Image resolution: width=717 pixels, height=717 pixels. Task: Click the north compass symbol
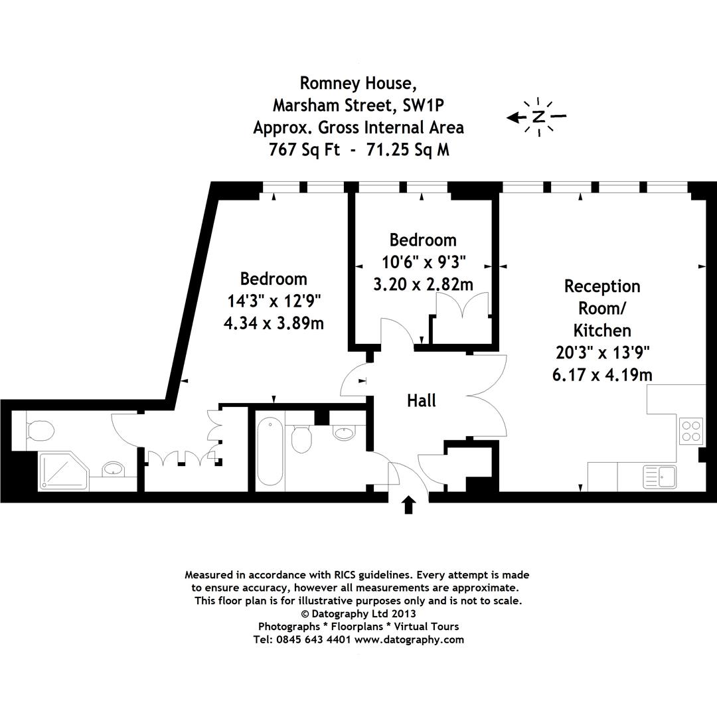coord(538,118)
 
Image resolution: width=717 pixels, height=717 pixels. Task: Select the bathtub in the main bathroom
coord(270,451)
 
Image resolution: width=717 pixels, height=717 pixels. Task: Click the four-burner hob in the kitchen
coord(691,430)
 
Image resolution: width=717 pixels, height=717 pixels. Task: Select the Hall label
coord(422,401)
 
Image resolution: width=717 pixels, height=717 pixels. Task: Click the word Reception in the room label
coord(602,286)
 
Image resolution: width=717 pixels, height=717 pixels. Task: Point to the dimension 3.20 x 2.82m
coord(423,285)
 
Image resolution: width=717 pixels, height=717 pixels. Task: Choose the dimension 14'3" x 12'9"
coord(274,301)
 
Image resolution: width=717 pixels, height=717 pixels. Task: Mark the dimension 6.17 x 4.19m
coord(601,375)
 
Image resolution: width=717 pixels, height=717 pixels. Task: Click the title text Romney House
coord(358,83)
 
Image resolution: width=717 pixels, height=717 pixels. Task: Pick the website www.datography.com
coord(409,640)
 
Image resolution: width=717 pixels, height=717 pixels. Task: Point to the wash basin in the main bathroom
coord(344,434)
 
